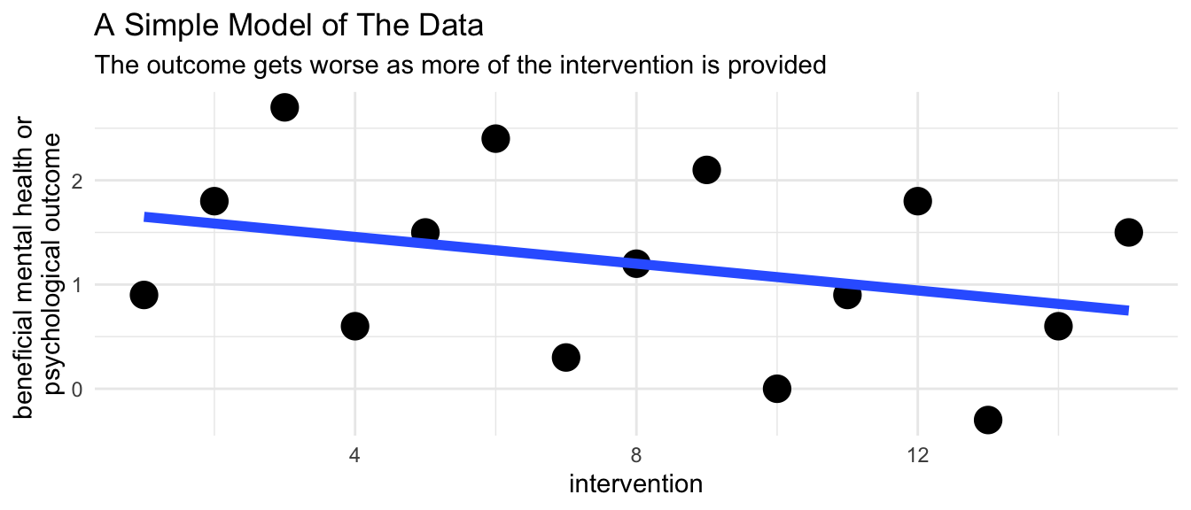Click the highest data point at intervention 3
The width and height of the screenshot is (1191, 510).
(284, 107)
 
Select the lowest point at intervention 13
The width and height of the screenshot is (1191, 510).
(988, 420)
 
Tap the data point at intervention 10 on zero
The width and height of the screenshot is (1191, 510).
(777, 389)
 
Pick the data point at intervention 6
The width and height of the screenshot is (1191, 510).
(495, 139)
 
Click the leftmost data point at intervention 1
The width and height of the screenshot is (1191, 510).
(144, 295)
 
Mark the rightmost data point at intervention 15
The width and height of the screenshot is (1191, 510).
(1128, 232)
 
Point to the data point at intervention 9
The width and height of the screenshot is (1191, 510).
(706, 170)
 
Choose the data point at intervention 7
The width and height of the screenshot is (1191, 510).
(565, 358)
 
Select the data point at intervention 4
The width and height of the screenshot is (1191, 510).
(354, 326)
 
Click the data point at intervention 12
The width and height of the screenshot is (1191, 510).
(917, 201)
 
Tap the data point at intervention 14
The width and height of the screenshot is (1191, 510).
(1058, 326)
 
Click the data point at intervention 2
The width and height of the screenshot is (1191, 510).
(214, 201)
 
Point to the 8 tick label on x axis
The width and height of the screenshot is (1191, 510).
(636, 455)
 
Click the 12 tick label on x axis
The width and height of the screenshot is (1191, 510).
(917, 455)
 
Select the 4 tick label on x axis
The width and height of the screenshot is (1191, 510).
(354, 455)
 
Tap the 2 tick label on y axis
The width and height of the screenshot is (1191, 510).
(77, 181)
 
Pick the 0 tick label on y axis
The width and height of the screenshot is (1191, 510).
(77, 390)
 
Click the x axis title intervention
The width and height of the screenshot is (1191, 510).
(636, 484)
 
